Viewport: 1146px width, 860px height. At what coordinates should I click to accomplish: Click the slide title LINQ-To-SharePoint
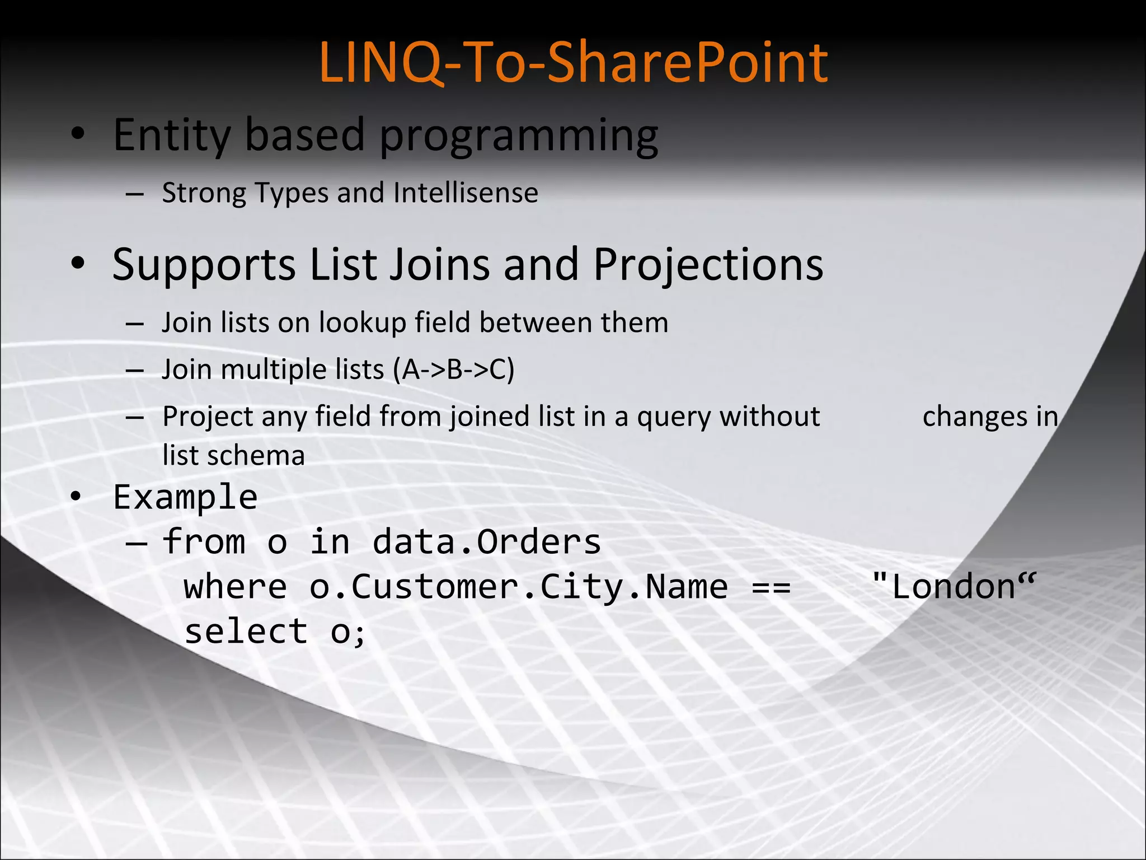point(573,63)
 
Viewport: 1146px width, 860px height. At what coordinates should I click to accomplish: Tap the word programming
point(519,137)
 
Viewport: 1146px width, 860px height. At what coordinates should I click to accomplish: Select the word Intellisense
point(466,193)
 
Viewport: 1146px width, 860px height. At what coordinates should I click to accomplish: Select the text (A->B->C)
point(453,370)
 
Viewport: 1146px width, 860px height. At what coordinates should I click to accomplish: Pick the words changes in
point(990,417)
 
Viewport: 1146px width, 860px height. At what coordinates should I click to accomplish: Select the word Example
point(185,497)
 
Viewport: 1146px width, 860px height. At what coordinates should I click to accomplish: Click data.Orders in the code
point(486,542)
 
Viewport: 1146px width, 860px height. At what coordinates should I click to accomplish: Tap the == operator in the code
point(771,587)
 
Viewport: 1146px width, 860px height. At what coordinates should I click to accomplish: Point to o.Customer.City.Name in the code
point(518,587)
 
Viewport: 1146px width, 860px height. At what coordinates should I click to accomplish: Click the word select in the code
point(246,632)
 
